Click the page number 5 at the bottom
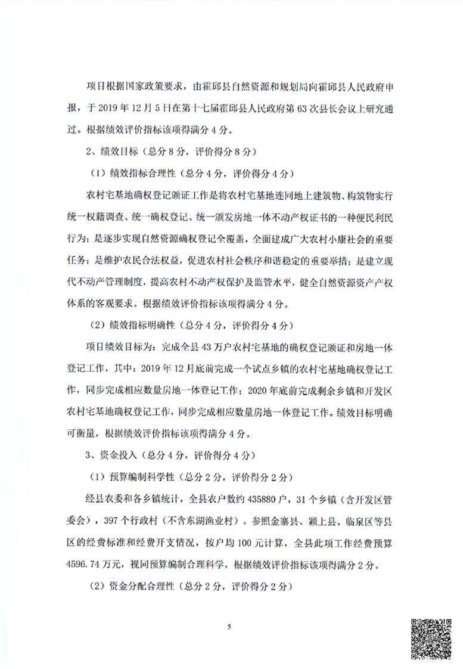228,626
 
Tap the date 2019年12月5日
134,109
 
